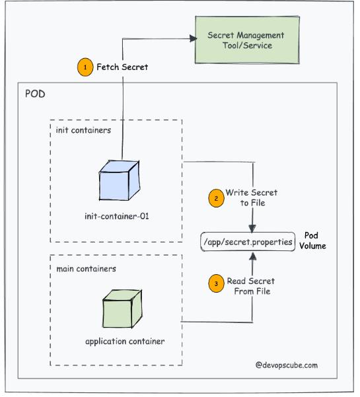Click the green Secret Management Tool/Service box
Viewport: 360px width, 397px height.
[247, 40]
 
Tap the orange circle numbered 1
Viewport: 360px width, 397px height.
[85, 67]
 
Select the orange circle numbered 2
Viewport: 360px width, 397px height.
[216, 198]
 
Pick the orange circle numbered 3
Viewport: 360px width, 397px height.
[216, 283]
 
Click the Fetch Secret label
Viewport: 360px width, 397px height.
[122, 67]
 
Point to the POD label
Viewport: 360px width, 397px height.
[35, 94]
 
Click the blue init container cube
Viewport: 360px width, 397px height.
[120, 180]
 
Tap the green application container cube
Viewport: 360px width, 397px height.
[122, 308]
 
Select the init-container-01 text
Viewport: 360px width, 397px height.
[117, 216]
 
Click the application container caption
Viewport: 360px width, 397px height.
[125, 342]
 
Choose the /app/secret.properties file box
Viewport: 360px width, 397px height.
[248, 242]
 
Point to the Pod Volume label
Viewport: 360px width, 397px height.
[312, 241]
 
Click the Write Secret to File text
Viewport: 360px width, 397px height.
[252, 198]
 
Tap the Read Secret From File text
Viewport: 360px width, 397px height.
[250, 286]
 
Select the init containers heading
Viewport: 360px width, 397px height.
[83, 130]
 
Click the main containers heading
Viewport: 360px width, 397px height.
[86, 269]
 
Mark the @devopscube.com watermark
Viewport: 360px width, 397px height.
[286, 365]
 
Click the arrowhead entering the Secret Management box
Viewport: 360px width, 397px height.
[193, 38]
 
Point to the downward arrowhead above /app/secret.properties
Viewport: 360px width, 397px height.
[252, 229]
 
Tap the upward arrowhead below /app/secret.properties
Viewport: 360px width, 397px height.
[252, 256]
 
